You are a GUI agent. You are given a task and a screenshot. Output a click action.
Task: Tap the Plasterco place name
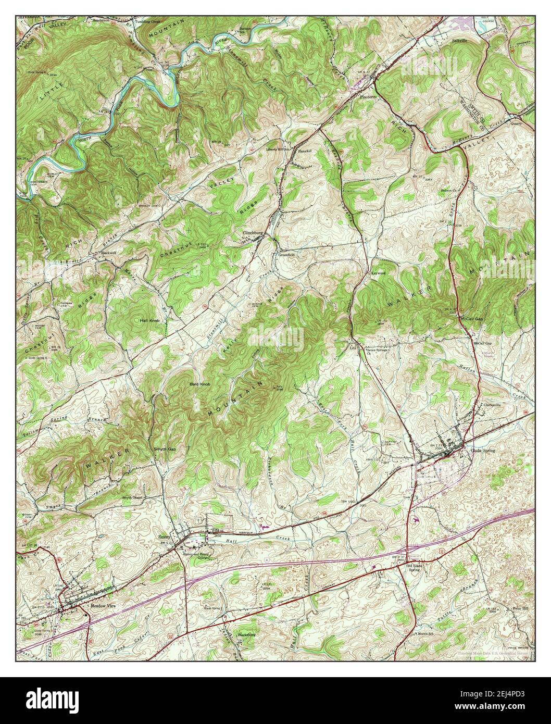click(x=368, y=97)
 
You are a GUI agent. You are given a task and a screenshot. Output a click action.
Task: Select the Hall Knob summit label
click(x=149, y=321)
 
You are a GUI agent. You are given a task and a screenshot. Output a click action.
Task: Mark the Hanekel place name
click(x=304, y=151)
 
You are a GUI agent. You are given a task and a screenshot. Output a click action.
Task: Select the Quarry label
click(x=516, y=124)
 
